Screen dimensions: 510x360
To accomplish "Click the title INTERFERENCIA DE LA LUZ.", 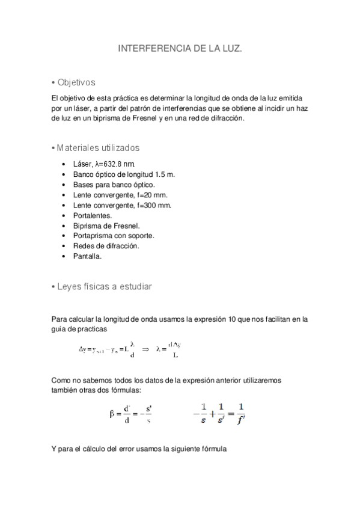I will coord(180,52).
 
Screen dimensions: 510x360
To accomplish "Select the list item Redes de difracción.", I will coord(105,246).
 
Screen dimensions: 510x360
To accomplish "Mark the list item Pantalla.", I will coord(87,256).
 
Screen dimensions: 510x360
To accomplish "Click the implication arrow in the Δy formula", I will coord(145,348).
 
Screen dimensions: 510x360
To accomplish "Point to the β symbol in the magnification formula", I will coord(112,414).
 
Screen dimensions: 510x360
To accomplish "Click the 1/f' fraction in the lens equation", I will coord(240,414).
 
